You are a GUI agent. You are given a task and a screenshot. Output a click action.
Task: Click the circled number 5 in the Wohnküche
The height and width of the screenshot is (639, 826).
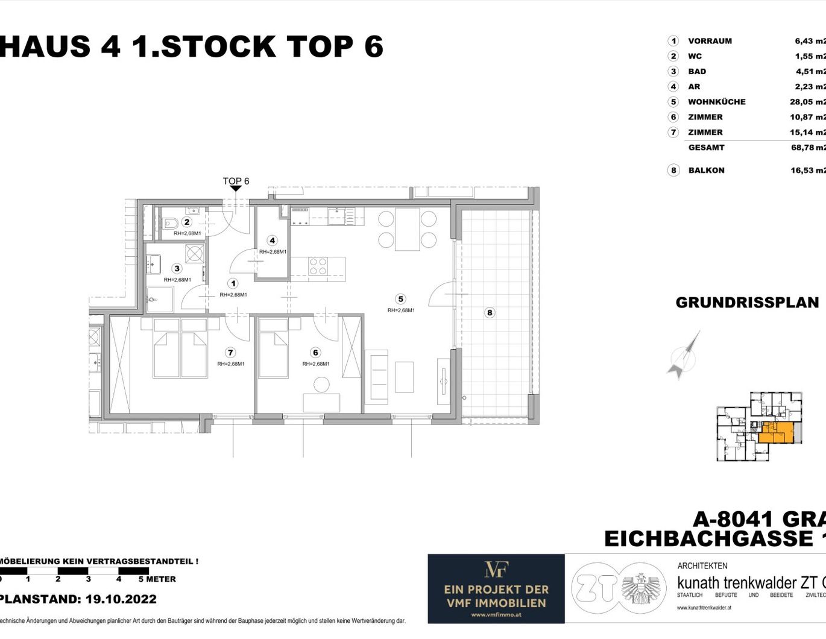400,299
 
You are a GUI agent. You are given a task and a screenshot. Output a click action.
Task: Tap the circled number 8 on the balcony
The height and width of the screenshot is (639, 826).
490,312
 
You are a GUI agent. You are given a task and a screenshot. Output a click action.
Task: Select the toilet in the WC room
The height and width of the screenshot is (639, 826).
169,224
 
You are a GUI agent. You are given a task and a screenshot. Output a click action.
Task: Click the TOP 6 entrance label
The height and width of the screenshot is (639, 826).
236,181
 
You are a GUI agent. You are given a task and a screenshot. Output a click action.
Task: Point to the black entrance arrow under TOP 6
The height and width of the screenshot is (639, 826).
236,189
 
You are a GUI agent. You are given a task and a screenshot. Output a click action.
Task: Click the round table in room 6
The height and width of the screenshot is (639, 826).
322,384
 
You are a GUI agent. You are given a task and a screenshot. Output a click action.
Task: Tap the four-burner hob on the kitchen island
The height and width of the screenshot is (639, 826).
318,266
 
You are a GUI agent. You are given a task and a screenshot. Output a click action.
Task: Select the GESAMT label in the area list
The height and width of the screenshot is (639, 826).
706,147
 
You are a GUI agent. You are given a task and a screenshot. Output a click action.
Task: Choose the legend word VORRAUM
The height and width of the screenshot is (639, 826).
710,41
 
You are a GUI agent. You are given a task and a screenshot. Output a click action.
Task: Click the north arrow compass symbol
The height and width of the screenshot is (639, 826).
684,357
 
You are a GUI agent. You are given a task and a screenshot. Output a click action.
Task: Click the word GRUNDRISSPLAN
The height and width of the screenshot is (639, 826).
747,303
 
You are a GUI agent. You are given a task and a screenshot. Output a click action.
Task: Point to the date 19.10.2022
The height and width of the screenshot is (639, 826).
121,599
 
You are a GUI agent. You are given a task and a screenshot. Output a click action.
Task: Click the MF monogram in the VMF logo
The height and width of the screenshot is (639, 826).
496,569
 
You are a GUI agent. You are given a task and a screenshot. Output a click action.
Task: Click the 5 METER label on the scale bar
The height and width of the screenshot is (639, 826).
157,579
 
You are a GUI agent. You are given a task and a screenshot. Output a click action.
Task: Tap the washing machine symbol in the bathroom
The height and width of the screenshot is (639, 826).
194,254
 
